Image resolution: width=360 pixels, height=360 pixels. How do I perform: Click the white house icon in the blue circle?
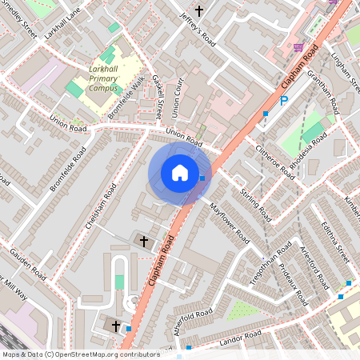click(x=180, y=172)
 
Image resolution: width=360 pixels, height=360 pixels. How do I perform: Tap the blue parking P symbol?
click(x=283, y=102)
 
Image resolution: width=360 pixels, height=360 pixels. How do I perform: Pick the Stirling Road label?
click(x=256, y=201)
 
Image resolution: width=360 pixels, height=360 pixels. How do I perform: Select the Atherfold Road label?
click(x=192, y=318)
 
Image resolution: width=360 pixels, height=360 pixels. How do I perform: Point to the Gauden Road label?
click(x=27, y=258)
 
